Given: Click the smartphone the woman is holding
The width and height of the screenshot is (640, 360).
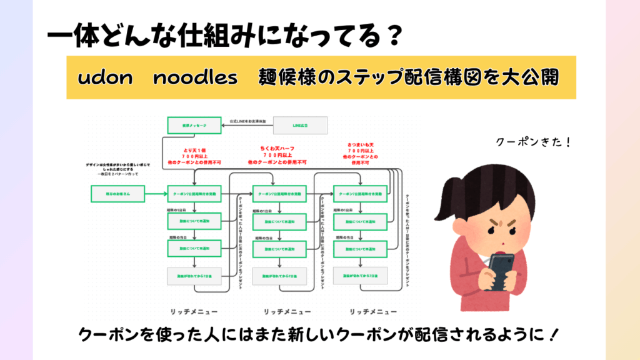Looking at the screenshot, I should (501, 269).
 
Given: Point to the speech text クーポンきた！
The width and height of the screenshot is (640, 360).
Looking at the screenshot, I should (533, 142).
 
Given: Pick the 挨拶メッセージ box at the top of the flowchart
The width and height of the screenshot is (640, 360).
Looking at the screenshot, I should (194, 126).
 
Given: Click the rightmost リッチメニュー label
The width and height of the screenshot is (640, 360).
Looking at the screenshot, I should (373, 311).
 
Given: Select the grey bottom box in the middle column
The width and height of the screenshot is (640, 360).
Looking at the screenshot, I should (279, 275).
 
